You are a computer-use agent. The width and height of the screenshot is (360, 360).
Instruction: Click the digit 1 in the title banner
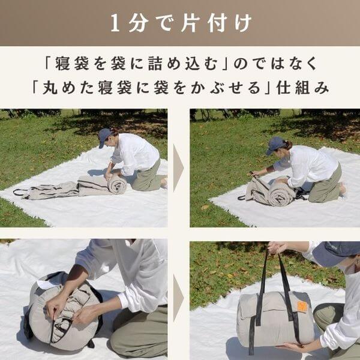click(x=115, y=23)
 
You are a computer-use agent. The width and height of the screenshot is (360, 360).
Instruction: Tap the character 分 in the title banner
click(x=138, y=23)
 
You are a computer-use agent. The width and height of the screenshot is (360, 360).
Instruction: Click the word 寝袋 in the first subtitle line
click(x=72, y=63)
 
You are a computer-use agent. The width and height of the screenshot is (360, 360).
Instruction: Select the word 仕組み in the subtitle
click(x=302, y=88)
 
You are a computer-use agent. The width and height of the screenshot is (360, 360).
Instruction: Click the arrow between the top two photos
click(x=178, y=168)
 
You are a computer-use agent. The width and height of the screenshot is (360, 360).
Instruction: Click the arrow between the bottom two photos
click(x=178, y=298)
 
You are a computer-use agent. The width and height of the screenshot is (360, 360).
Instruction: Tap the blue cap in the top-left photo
click(x=104, y=137)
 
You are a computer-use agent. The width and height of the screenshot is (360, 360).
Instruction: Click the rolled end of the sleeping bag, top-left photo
click(x=117, y=184)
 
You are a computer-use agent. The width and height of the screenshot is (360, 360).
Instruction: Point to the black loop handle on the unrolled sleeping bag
click(x=20, y=192)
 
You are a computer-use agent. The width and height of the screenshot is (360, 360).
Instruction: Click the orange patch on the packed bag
click(x=302, y=306)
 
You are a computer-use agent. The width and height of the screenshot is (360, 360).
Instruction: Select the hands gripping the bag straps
click(x=277, y=247)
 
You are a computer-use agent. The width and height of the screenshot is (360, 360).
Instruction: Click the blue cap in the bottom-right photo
click(x=336, y=253)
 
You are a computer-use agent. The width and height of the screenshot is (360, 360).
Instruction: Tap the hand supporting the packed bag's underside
click(x=290, y=346)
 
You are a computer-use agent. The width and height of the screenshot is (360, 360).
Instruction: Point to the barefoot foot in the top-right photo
click(x=343, y=189)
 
